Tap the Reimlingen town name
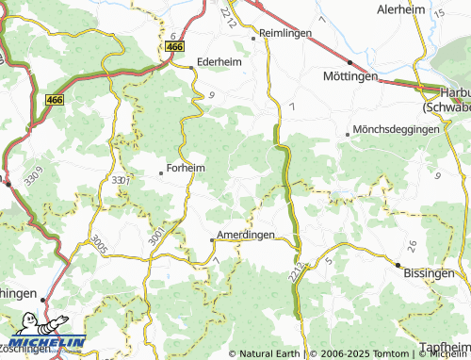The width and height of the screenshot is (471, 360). click(x=286, y=34)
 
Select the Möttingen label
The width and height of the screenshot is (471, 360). click(x=349, y=75)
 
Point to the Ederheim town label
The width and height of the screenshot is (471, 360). click(x=219, y=63)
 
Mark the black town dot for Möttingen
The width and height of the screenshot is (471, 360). click(x=349, y=62)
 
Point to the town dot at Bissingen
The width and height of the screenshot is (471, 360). click(x=398, y=265)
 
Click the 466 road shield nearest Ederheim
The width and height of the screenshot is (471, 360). click(x=174, y=46)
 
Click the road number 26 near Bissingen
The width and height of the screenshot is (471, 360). click(x=412, y=243)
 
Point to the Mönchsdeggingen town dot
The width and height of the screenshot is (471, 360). click(x=347, y=134)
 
